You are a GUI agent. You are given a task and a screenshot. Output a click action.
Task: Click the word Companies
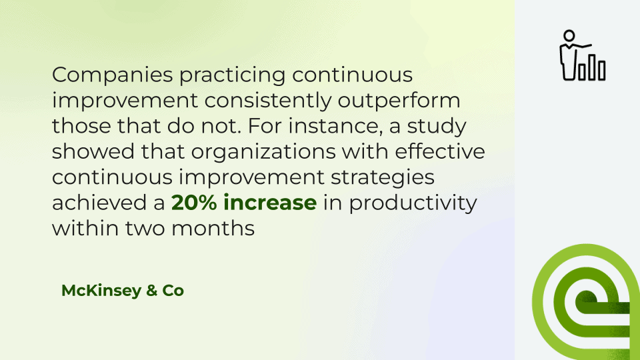point(113,75)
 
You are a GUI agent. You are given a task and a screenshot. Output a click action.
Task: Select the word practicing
point(232,75)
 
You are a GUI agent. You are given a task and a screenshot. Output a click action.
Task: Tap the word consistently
point(268,101)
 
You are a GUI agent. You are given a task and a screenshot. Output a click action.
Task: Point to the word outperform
point(399,101)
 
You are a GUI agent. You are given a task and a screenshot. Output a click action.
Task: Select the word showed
point(93,151)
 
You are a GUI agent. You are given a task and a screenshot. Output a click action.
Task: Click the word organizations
point(263,152)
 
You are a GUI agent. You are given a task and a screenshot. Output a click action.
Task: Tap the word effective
point(439,151)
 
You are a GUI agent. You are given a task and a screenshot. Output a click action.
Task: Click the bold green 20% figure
point(194,203)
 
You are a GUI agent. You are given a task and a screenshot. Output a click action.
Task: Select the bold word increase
point(270,203)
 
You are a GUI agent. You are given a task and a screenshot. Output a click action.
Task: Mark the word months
point(213,228)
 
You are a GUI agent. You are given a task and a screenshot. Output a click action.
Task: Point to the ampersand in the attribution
point(151,291)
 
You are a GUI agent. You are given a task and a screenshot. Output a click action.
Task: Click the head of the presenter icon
point(569,36)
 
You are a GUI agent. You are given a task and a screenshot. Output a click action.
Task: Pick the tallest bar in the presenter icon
point(591,67)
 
